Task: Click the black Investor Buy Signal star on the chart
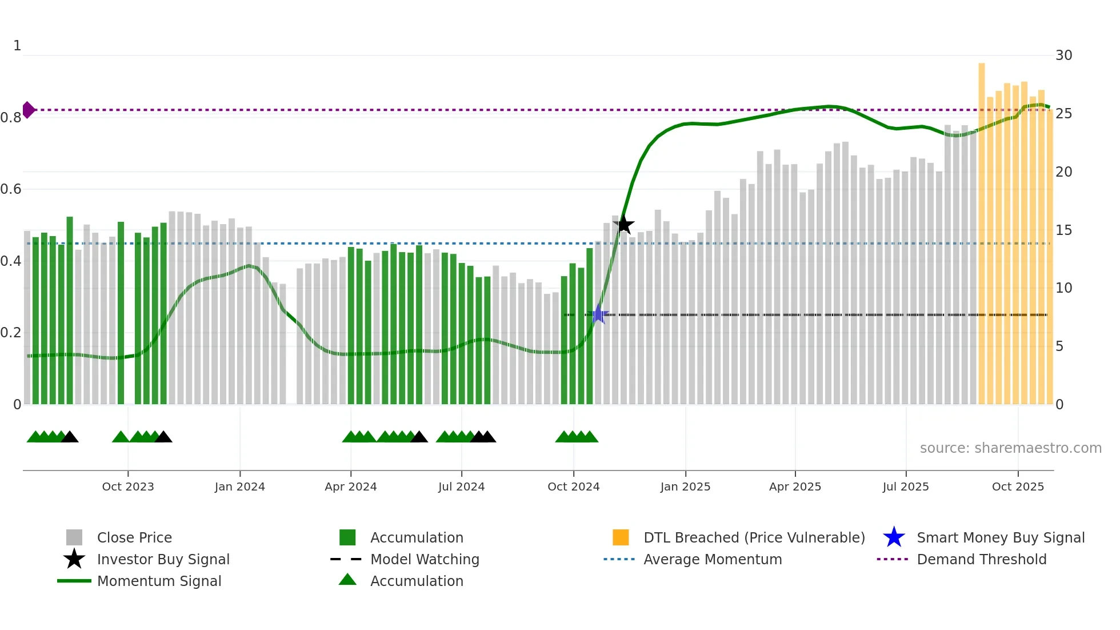(x=624, y=225)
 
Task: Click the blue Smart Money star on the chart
(x=598, y=314)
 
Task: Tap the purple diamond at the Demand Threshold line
(x=28, y=110)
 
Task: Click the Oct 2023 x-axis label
(x=128, y=487)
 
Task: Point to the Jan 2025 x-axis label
(x=685, y=487)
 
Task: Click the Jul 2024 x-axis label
(x=461, y=487)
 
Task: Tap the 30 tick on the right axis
(x=1063, y=55)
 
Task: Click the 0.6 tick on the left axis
(x=11, y=189)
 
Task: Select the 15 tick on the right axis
(x=1063, y=230)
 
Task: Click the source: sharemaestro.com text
(x=1010, y=448)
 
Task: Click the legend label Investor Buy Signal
(x=163, y=559)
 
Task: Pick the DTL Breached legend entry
(x=754, y=537)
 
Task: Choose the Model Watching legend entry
(x=425, y=559)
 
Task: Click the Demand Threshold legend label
(x=981, y=559)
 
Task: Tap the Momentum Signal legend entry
(x=159, y=581)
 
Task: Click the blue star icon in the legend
(x=894, y=537)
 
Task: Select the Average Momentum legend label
(x=713, y=559)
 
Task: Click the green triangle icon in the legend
(x=347, y=580)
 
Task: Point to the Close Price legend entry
(x=134, y=537)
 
